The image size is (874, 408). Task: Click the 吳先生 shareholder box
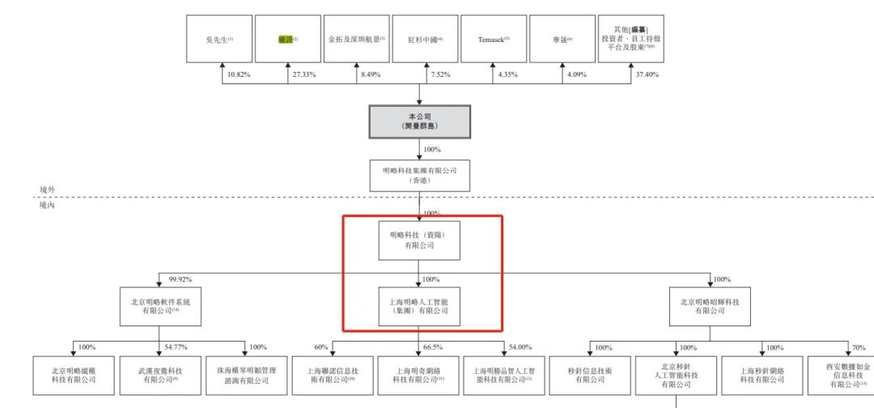pyautogui.click(x=219, y=39)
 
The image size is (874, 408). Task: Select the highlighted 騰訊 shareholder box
pyautogui.click(x=288, y=39)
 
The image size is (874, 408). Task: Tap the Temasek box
pyautogui.click(x=493, y=39)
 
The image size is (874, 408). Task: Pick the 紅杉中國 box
pyautogui.click(x=426, y=39)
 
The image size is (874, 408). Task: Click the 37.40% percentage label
pyautogui.click(x=647, y=75)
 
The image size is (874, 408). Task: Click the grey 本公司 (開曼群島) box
pyautogui.click(x=420, y=121)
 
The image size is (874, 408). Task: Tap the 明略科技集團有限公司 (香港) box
pyautogui.click(x=420, y=176)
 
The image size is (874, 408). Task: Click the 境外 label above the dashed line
pyautogui.click(x=49, y=189)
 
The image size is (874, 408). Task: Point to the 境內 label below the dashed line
pyautogui.click(x=49, y=206)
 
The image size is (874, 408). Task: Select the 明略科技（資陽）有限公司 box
pyautogui.click(x=419, y=240)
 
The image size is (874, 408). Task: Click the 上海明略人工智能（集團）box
pyautogui.click(x=419, y=305)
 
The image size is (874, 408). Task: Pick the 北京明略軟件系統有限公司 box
pyautogui.click(x=160, y=305)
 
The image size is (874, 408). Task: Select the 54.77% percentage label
pyautogui.click(x=176, y=347)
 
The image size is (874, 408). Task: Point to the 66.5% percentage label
pyautogui.click(x=433, y=347)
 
